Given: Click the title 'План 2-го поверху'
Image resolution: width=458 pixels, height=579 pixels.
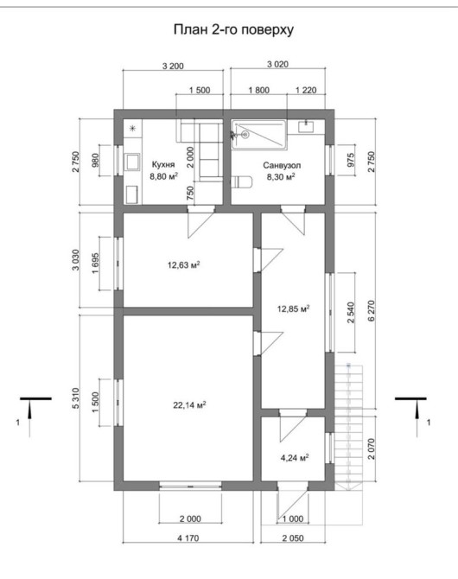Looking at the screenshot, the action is pyautogui.click(x=233, y=30).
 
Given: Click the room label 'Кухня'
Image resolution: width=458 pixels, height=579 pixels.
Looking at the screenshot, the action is pyautogui.click(x=163, y=165).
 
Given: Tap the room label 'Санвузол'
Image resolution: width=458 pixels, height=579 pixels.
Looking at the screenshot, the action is pyautogui.click(x=282, y=165).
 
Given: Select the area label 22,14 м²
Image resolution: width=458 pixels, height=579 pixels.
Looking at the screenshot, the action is pyautogui.click(x=189, y=405).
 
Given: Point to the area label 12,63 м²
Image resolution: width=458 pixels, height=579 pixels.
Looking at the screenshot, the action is pyautogui.click(x=184, y=264).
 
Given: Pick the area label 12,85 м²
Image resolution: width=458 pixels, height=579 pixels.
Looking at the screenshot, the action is pyautogui.click(x=293, y=309).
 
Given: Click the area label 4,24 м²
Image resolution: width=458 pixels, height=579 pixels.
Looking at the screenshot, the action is pyautogui.click(x=295, y=458).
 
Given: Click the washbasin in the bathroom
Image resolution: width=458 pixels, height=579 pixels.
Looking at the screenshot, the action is pyautogui.click(x=306, y=126).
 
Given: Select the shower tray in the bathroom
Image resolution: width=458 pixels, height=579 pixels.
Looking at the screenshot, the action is pyautogui.click(x=259, y=135).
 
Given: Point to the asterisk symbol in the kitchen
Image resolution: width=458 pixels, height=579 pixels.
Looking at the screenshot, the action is pyautogui.click(x=132, y=129).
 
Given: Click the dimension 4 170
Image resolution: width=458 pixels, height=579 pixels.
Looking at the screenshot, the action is pyautogui.click(x=188, y=538).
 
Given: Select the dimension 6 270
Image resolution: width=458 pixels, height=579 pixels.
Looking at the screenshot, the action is pyautogui.click(x=372, y=311).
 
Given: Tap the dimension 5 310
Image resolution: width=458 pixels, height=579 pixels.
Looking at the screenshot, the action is pyautogui.click(x=75, y=398).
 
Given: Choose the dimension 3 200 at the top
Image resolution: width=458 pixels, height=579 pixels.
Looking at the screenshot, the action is pyautogui.click(x=173, y=66).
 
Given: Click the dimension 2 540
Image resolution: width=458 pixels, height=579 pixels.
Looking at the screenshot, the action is pyautogui.click(x=351, y=312).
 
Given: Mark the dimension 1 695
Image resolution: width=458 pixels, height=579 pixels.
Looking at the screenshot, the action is pyautogui.click(x=95, y=263).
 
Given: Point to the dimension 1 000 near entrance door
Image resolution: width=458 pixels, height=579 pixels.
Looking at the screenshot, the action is pyautogui.click(x=293, y=519).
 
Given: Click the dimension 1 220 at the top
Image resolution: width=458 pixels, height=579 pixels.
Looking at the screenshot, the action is pyautogui.click(x=306, y=90).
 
